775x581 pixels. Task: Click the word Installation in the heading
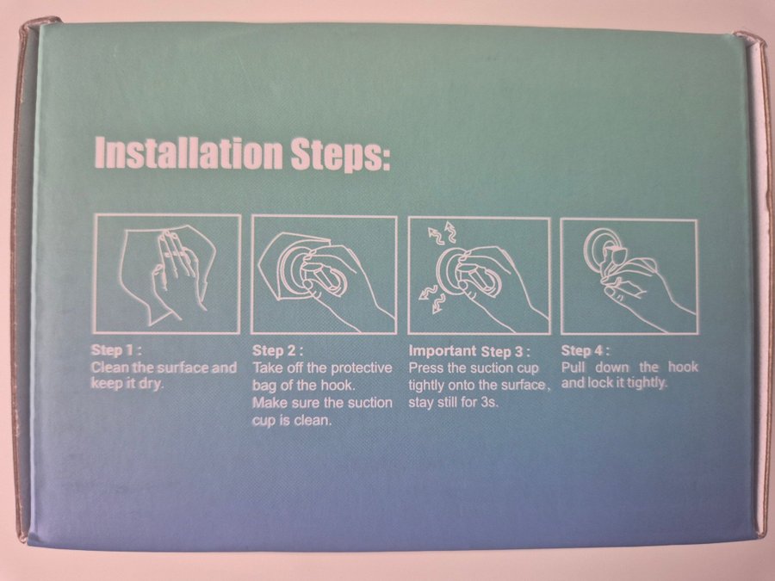point(189,153)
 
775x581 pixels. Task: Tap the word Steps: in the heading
point(340,156)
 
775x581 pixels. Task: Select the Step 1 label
point(116,350)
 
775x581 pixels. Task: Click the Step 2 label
point(277,351)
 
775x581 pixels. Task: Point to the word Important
point(443,350)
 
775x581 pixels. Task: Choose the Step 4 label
point(586,351)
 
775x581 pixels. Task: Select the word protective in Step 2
point(361,368)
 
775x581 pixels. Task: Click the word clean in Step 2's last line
point(313,420)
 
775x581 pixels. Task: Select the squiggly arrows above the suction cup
point(442,233)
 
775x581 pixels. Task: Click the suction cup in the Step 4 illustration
point(603,248)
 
